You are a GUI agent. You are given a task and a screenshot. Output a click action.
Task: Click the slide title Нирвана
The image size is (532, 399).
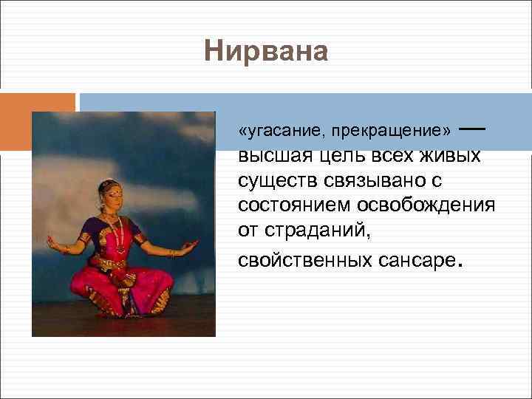pos(265,52)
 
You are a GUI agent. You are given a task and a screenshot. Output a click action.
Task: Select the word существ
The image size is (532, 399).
pos(273,180)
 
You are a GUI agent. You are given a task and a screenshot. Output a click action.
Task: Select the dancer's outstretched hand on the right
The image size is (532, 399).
pos(191,244)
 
